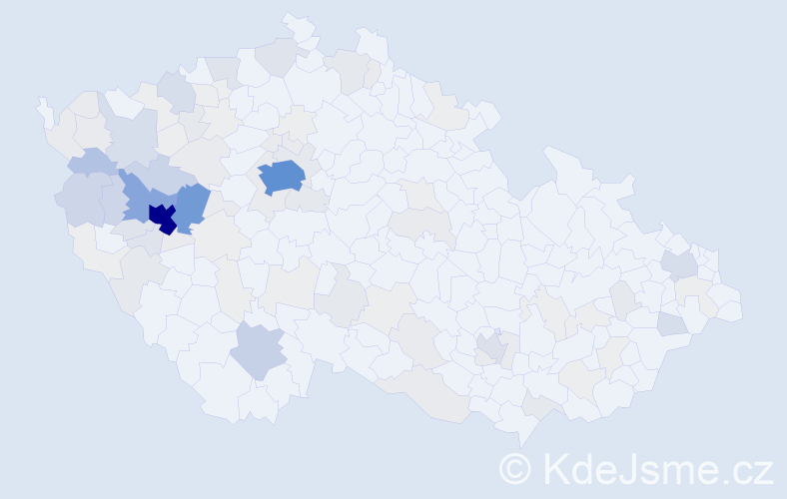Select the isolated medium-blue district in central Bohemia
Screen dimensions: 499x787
tap(282, 177)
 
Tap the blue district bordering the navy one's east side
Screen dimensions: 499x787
tap(192, 207)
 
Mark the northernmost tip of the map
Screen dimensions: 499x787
tap(292, 19)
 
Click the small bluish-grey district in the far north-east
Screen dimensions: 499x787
tap(680, 264)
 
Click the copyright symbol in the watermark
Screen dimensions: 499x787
tap(516, 467)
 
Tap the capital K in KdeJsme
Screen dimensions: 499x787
tap(553, 467)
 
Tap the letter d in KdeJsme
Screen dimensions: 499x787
tap(578, 467)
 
